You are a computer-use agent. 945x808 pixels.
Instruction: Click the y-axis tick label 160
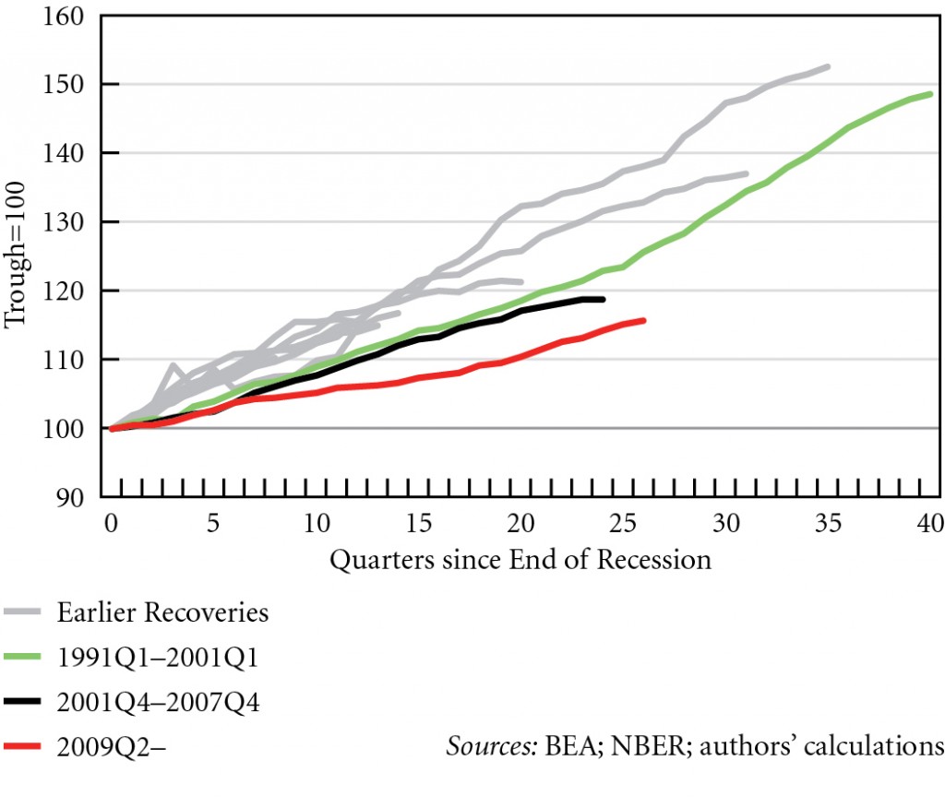pyautogui.click(x=70, y=17)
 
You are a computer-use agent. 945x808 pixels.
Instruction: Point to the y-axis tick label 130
pyautogui.click(x=70, y=222)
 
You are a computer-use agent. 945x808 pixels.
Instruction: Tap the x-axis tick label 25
pyautogui.click(x=625, y=524)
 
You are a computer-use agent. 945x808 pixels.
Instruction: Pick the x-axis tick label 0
pyautogui.click(x=112, y=524)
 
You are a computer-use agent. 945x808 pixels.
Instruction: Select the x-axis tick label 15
pyautogui.click(x=420, y=524)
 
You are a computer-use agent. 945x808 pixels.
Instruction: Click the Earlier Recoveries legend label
pyautogui.click(x=162, y=612)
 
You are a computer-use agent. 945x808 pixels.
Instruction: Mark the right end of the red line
pyautogui.click(x=644, y=320)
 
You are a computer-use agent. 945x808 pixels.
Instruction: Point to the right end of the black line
pyautogui.click(x=603, y=299)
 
